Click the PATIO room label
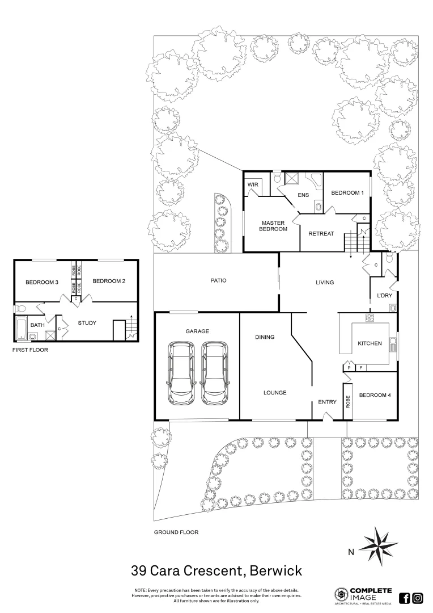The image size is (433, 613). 218,280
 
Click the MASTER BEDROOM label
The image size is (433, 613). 274,225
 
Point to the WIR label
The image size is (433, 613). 253,185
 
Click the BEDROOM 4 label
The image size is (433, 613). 375,395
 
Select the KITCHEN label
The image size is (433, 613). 370,343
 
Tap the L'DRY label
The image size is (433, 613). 384,295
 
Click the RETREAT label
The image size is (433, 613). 321,234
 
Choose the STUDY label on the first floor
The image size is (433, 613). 87,323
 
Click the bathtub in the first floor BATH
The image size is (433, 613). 20,328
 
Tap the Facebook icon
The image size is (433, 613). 405,598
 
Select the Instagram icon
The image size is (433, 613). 418,598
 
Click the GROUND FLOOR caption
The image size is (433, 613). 176,532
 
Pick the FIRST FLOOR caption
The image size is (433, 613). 30,350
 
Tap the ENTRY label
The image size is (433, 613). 327,402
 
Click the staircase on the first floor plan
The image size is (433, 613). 131,329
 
